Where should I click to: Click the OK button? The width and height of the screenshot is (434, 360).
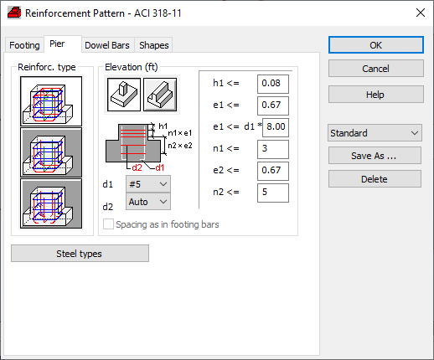point(376,45)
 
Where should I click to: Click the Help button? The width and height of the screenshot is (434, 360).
point(376,95)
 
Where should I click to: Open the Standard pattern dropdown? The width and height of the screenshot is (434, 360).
point(375,133)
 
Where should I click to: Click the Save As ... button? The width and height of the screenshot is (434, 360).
point(375,156)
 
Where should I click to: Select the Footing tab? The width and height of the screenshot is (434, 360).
point(24,45)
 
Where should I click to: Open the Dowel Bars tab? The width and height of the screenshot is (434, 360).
point(107,45)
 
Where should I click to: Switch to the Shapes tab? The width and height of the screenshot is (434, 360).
point(154,45)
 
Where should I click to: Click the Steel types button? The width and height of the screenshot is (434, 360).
point(80,254)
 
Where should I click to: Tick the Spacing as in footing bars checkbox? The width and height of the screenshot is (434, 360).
point(108,224)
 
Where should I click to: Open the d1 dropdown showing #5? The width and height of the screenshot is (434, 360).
point(148,184)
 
